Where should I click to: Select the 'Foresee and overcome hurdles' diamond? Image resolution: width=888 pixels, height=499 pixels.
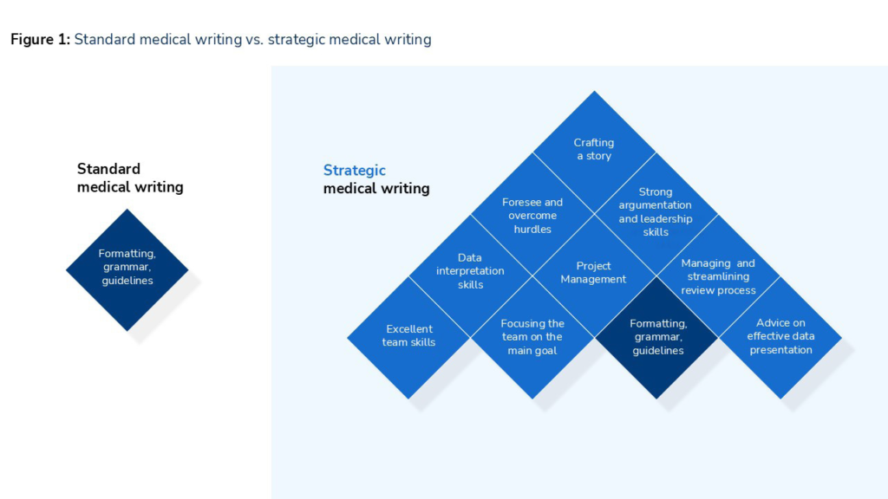pyautogui.click(x=532, y=215)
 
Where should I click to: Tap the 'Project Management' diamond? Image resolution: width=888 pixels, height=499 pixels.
pyautogui.click(x=594, y=273)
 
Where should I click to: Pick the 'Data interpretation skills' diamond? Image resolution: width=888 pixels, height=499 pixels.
pyautogui.click(x=470, y=271)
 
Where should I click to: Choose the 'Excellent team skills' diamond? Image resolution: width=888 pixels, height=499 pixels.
pyautogui.click(x=408, y=336)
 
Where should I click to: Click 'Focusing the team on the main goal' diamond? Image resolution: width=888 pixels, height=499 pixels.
pyautogui.click(x=532, y=337)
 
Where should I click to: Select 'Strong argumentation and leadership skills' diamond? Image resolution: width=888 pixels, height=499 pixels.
pyautogui.click(x=656, y=211)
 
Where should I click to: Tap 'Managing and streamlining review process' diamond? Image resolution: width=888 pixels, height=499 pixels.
pyautogui.click(x=718, y=276)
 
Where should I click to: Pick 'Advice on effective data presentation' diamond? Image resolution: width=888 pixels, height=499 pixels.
pyautogui.click(x=780, y=337)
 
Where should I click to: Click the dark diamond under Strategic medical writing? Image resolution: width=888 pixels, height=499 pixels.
pyautogui.click(x=656, y=337)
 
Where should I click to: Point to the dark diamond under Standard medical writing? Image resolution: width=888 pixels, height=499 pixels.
pyautogui.click(x=127, y=268)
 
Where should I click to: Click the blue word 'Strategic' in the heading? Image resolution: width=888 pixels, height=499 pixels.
pyautogui.click(x=354, y=171)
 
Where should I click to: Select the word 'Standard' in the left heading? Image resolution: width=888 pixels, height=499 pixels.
pyautogui.click(x=108, y=169)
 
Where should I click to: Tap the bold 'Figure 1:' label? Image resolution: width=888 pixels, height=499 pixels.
pyautogui.click(x=40, y=39)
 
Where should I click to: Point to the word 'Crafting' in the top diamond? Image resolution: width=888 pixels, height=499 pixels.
pyautogui.click(x=594, y=142)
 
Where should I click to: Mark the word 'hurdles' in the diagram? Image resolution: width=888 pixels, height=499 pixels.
pyautogui.click(x=532, y=229)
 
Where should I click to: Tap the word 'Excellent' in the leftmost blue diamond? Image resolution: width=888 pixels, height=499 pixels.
pyautogui.click(x=409, y=329)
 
